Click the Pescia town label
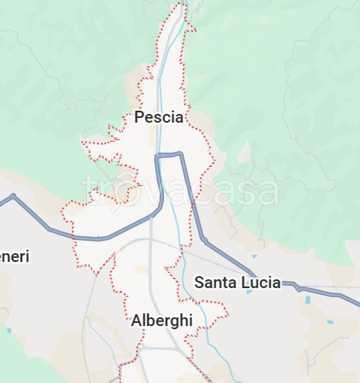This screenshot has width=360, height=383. pyautogui.click(x=159, y=118)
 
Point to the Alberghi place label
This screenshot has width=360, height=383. pyautogui.click(x=162, y=321)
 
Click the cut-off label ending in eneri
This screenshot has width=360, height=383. pyautogui.click(x=14, y=257)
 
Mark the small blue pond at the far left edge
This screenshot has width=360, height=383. pyautogui.click(x=9, y=330)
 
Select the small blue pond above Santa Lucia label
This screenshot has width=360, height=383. pyautogui.click(x=255, y=256)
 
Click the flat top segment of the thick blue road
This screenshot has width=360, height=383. pyautogui.click(x=169, y=155)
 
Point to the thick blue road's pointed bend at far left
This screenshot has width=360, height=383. pyautogui.click(x=13, y=196)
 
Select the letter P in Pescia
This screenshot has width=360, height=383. pyautogui.click(x=140, y=118)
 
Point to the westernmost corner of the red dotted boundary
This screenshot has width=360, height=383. pyautogui.click(x=62, y=210)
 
